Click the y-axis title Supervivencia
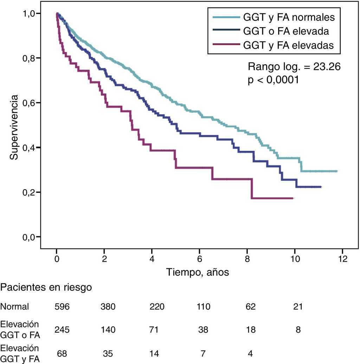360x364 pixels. click(14, 127)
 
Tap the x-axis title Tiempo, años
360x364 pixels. click(198, 272)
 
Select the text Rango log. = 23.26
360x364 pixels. click(294, 66)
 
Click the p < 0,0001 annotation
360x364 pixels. click(273, 80)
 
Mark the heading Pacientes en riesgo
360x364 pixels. click(46, 287)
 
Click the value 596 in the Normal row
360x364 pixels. click(62, 307)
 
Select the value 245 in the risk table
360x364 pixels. click(62, 330)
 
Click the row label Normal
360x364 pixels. click(14, 307)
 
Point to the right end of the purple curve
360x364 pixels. click(293, 198)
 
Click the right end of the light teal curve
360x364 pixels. click(337, 171)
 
